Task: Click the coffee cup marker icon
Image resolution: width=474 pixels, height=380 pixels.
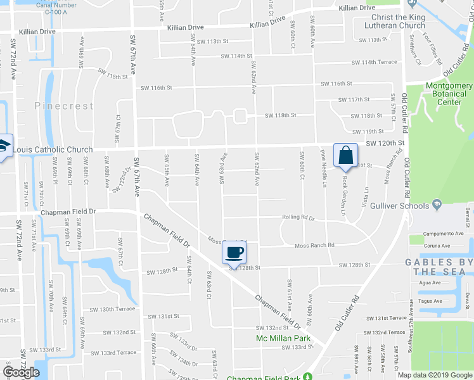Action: (233, 253)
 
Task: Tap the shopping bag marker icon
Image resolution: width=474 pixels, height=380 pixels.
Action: (345, 155)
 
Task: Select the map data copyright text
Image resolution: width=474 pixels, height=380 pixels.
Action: (435, 374)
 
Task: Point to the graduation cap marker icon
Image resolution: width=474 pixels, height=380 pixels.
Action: (3, 147)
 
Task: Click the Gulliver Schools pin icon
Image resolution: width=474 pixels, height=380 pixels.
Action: (437, 205)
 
